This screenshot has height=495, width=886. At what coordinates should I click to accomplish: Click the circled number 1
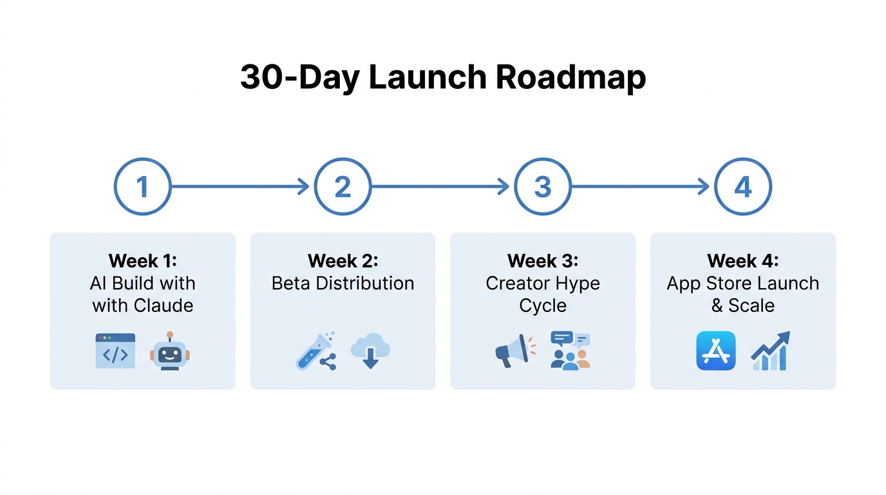click(142, 187)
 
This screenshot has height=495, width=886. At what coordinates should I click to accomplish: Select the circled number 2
click(343, 187)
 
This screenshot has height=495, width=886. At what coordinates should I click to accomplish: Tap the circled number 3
click(543, 187)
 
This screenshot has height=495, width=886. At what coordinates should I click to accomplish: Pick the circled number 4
click(743, 187)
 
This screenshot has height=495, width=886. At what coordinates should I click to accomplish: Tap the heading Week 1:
click(142, 261)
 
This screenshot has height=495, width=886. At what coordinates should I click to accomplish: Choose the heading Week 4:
click(743, 261)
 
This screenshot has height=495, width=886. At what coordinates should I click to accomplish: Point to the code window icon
click(115, 351)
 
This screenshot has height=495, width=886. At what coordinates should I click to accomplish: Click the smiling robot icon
click(170, 351)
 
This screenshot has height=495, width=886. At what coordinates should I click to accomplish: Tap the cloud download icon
click(370, 351)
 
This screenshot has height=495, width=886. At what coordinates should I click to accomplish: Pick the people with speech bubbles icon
click(570, 351)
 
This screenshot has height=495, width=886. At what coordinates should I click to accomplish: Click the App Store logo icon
click(715, 351)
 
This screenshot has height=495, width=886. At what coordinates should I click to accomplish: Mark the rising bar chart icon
click(770, 351)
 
